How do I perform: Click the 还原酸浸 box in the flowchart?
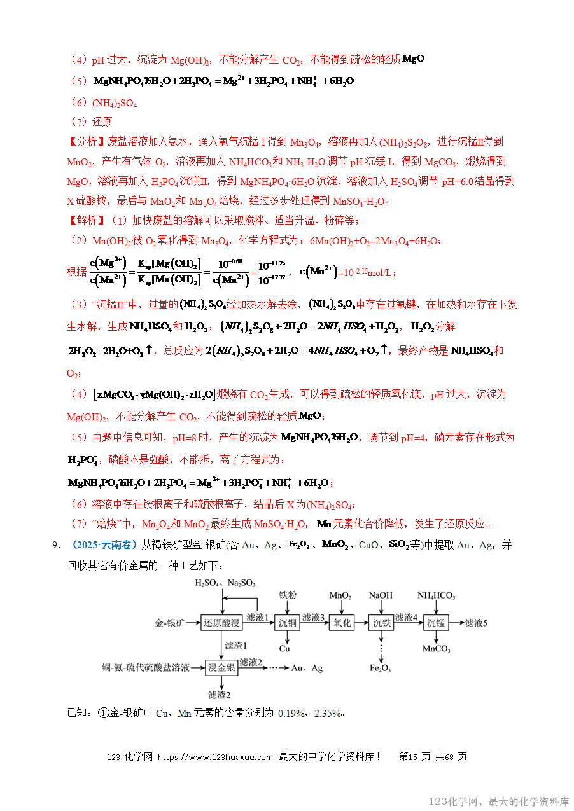(221, 623)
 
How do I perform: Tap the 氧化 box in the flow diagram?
(342, 623)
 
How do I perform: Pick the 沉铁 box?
(381, 623)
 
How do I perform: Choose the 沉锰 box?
(436, 623)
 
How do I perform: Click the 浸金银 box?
(222, 668)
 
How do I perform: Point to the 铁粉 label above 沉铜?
(288, 595)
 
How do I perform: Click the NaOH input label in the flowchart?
(381, 595)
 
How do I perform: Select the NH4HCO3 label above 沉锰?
(436, 595)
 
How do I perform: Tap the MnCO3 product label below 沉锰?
(436, 649)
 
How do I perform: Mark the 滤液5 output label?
(476, 623)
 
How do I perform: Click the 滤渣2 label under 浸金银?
(219, 695)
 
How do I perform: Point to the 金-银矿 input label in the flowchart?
(169, 623)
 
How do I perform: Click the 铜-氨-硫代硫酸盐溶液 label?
(146, 668)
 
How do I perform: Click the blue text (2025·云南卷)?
(106, 545)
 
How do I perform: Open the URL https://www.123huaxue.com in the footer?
(215, 757)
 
